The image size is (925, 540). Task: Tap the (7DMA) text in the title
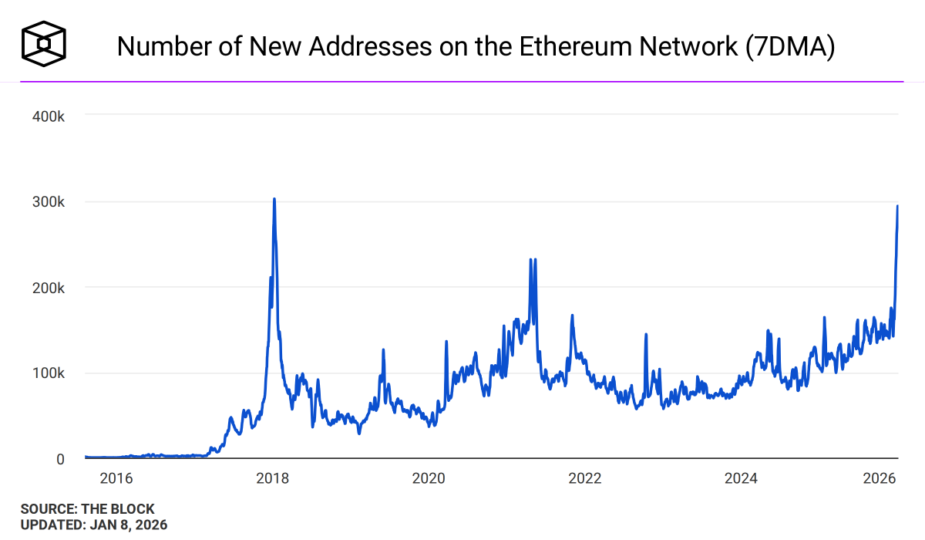point(791,47)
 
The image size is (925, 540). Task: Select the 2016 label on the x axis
point(116,478)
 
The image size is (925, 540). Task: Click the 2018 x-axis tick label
point(272,478)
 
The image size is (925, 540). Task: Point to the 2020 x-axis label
point(429,478)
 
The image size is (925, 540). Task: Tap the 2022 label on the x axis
point(584,478)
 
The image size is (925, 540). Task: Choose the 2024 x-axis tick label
point(741,478)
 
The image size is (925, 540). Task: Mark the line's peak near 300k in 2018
point(274,199)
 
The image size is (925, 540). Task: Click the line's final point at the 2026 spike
point(897,206)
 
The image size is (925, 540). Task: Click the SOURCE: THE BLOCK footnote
point(87,509)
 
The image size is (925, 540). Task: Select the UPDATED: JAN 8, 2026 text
point(93,525)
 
